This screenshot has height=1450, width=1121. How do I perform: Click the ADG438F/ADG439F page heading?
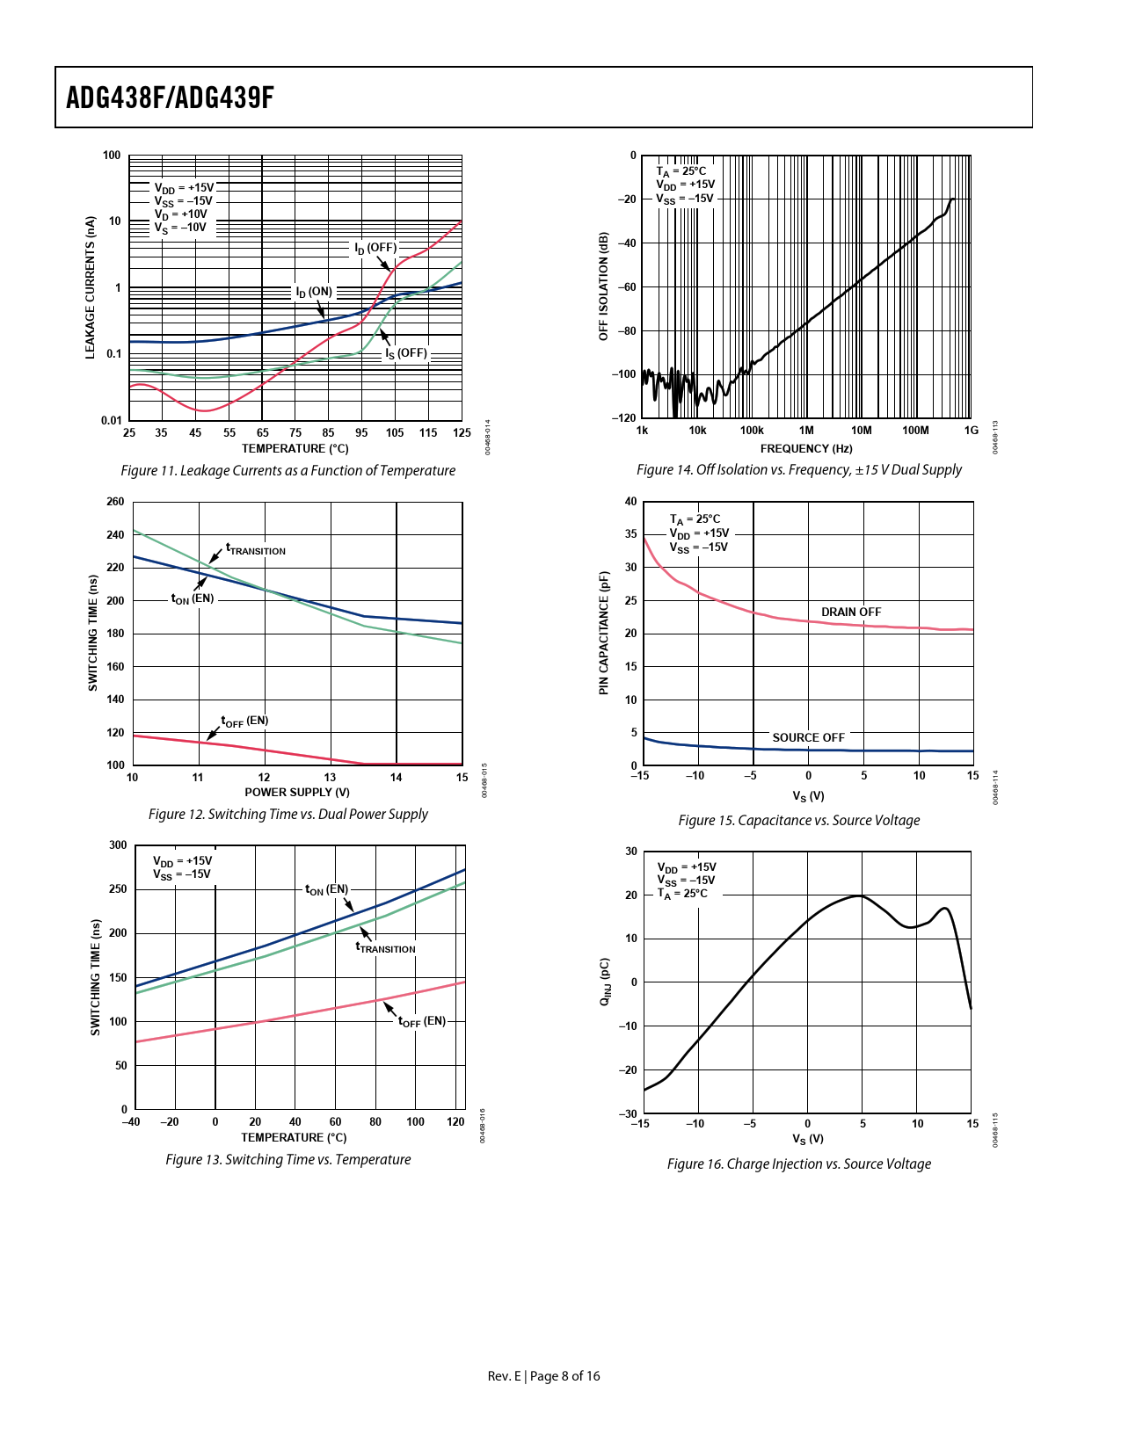(170, 98)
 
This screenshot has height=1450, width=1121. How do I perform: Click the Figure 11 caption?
(288, 471)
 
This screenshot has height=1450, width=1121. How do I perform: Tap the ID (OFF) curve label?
(375, 249)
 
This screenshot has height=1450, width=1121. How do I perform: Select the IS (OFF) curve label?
(406, 353)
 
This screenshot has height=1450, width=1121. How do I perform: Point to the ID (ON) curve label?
(314, 293)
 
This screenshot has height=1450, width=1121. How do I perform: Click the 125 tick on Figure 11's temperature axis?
(462, 432)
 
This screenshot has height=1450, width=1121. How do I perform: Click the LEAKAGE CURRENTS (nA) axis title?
(90, 287)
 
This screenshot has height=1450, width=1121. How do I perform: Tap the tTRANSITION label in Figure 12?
(256, 549)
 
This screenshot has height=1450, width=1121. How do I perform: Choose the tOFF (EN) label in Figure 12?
(244, 721)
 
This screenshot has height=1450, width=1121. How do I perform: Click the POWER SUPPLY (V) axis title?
(297, 792)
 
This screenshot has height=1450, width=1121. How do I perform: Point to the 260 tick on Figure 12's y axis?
(115, 502)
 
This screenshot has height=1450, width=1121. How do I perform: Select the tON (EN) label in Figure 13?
(326, 889)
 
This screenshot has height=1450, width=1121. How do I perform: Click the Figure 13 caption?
(288, 1160)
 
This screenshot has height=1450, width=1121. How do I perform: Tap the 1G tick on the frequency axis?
(971, 431)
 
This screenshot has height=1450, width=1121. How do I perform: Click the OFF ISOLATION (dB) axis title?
(603, 286)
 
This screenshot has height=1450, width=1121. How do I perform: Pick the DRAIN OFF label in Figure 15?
(850, 612)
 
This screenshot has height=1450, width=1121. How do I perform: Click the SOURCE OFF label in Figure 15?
(808, 737)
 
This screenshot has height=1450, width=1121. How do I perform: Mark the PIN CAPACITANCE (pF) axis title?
(603, 633)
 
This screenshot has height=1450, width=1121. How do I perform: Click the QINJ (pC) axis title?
(605, 982)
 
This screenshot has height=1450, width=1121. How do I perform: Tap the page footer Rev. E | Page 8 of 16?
(543, 1376)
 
